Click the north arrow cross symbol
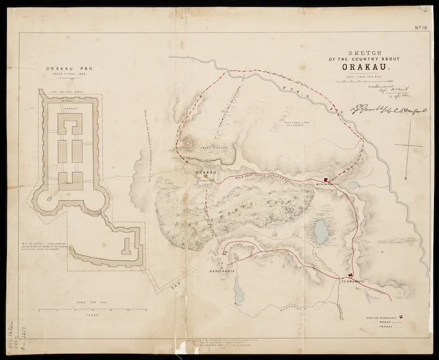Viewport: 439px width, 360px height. [410, 145]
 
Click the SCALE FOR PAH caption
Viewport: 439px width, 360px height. [77, 303]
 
